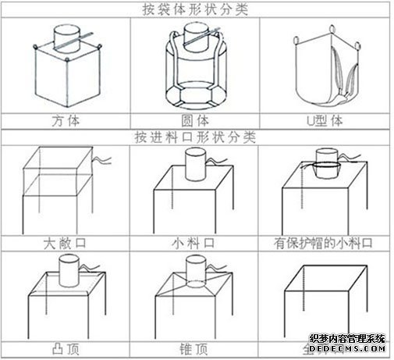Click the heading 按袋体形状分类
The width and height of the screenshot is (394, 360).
(x=197, y=9)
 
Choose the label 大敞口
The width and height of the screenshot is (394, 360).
(x=66, y=244)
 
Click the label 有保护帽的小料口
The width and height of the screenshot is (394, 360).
(x=328, y=244)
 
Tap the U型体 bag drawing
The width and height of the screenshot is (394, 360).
(x=328, y=70)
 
